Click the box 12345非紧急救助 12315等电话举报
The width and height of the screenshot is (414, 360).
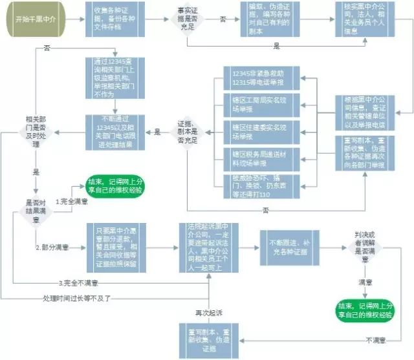[x=258, y=79]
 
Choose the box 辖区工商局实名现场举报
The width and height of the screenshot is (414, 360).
[x=258, y=105]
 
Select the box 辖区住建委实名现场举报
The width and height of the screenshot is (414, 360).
[x=258, y=131]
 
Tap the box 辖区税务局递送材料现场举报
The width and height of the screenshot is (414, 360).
[x=258, y=158]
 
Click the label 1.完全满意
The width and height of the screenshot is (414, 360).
[x=71, y=202]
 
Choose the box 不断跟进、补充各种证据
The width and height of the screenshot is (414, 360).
[x=288, y=247]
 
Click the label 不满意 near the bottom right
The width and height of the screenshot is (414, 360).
[x=378, y=339]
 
